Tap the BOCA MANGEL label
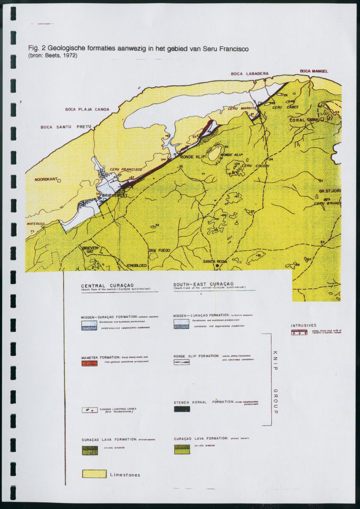[314, 71]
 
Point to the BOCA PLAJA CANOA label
[87, 109]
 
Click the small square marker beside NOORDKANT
[59, 180]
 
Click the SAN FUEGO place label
[159, 251]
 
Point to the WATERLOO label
[36, 223]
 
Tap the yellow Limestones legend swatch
[94, 473]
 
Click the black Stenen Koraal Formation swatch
[182, 409]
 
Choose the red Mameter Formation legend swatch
[89, 364]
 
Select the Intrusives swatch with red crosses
[299, 332]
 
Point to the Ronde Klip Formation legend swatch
[181, 362]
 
